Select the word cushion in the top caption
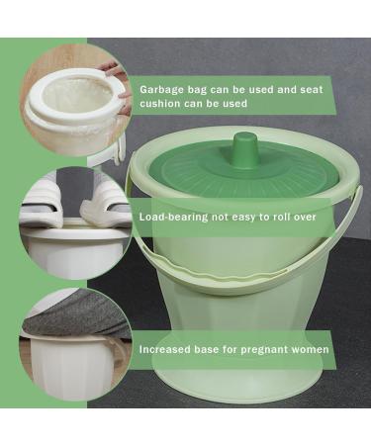click(x=162, y=103)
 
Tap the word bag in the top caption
click(x=206, y=86)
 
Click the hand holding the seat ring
click(x=117, y=74)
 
